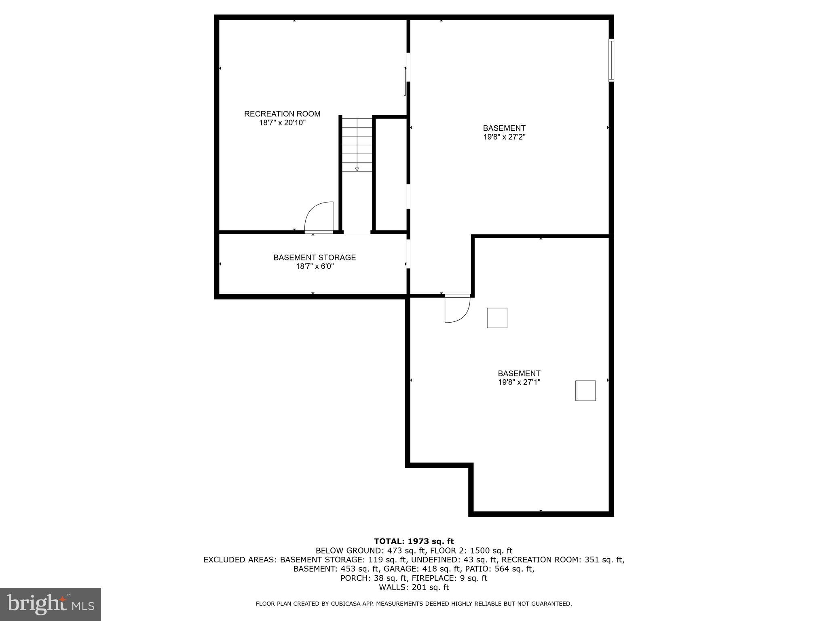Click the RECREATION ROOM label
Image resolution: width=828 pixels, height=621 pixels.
282,114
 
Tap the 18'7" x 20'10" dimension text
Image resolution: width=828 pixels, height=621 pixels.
282,123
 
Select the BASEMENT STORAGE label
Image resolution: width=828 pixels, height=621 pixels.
315,258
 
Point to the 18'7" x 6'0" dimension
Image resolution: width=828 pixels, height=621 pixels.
315,266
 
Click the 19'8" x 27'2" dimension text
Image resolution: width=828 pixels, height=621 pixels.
504,137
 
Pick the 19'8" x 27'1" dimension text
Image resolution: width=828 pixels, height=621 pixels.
519,382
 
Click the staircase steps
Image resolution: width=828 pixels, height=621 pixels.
357,145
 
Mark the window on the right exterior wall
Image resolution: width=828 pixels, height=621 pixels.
611,60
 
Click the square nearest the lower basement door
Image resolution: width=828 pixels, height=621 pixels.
497,318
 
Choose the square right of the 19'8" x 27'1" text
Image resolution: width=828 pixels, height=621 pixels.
585,391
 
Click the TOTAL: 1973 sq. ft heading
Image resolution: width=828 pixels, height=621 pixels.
414,541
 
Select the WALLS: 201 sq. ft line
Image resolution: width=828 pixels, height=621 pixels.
414,587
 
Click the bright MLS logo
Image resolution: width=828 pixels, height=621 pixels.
51,604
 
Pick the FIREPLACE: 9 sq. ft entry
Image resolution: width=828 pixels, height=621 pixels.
450,578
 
